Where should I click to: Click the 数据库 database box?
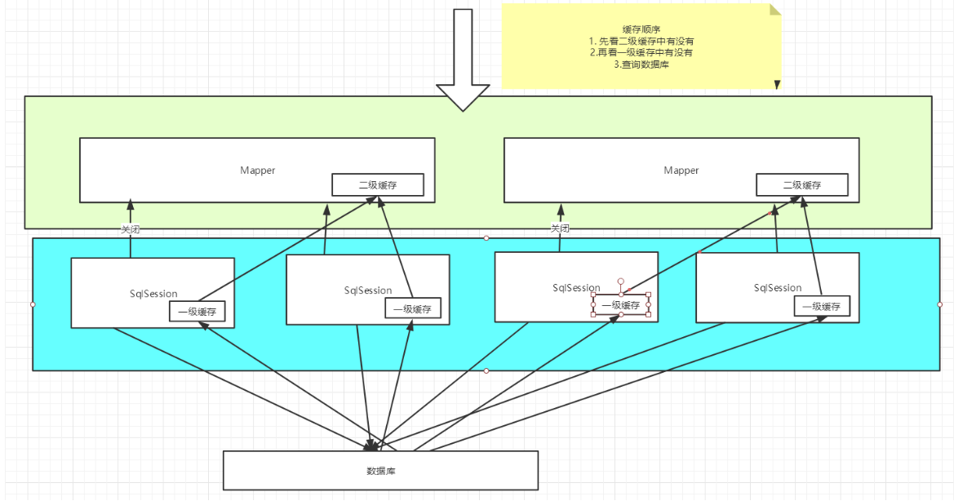380,471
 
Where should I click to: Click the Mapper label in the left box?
257,171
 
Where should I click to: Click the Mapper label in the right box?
681,171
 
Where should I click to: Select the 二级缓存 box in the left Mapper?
377,185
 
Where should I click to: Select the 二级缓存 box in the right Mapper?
801,185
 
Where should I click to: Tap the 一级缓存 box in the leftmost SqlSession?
197,311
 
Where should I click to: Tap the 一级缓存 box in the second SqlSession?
412,308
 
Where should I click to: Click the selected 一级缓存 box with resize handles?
621,305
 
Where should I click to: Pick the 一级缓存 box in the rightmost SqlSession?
822,306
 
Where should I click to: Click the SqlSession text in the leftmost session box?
153,294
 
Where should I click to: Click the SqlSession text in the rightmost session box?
778,287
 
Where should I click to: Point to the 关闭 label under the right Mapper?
560,228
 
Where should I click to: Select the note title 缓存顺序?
641,29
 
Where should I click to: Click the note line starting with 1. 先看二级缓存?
641,41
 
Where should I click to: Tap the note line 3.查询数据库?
641,64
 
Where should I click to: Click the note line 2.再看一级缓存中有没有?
641,52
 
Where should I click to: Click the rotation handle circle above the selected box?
621,281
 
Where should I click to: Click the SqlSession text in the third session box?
576,287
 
